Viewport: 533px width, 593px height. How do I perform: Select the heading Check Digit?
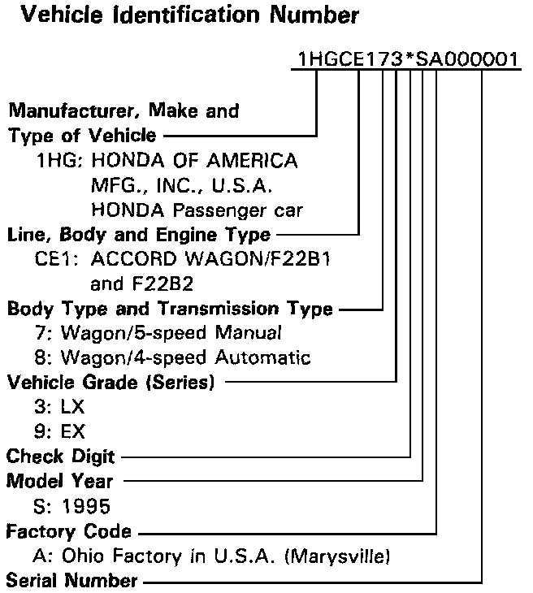[x=61, y=456]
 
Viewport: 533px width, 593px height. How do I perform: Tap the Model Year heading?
[x=60, y=481]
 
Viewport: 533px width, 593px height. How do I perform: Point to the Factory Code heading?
[x=68, y=532]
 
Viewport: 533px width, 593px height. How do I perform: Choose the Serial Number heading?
[x=72, y=582]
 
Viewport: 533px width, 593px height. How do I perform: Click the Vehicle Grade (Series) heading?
[x=110, y=382]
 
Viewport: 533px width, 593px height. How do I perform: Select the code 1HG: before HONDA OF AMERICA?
[x=58, y=161]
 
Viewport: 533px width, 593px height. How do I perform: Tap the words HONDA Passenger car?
[x=197, y=210]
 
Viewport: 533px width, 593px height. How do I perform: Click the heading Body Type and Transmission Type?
[x=170, y=309]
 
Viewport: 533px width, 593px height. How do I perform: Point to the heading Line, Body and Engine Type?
[x=139, y=235]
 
